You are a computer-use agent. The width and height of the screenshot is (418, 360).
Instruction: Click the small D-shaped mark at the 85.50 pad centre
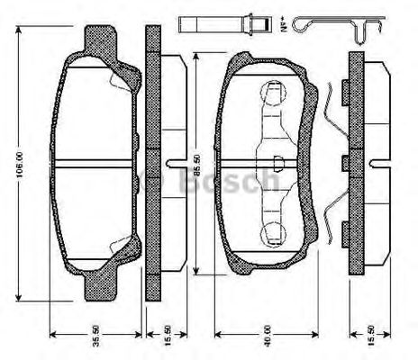click(x=277, y=163)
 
